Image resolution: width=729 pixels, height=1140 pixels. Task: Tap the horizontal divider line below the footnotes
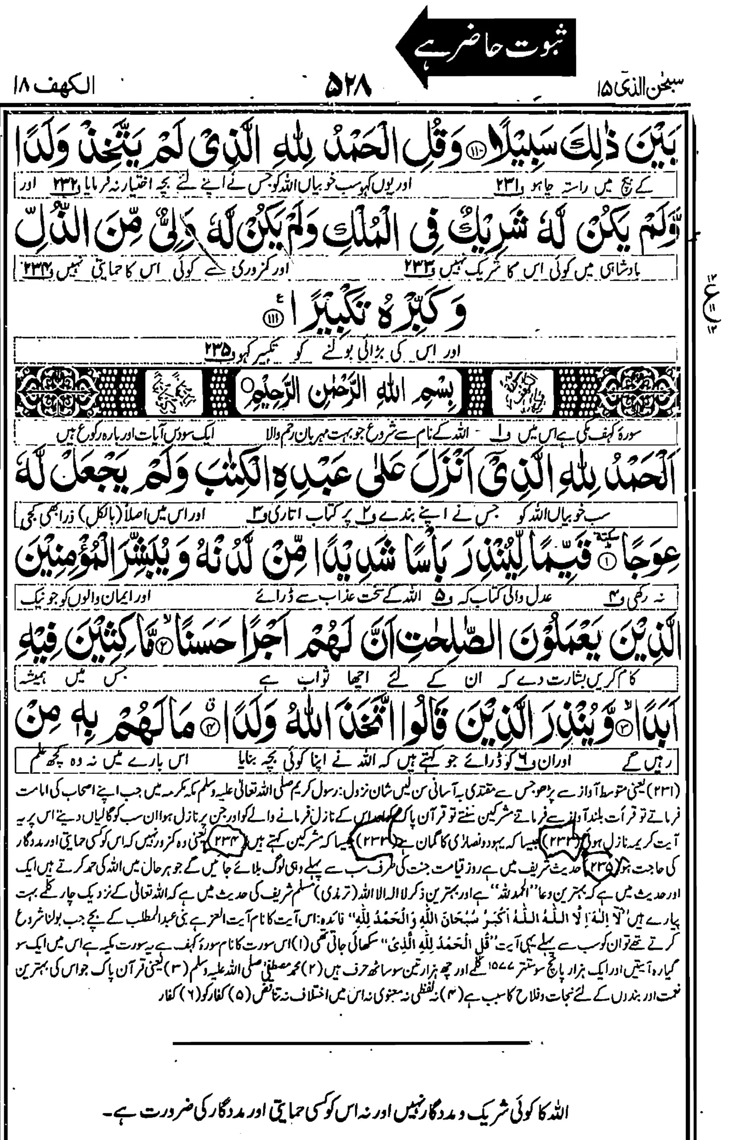point(351,1002)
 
